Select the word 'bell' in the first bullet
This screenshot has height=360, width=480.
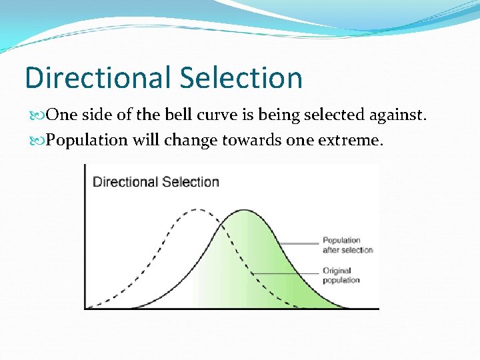184,115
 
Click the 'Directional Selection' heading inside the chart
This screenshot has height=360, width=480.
155,182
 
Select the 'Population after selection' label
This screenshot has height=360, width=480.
347,245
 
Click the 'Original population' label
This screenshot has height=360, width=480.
341,275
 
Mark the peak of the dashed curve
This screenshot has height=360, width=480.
195,210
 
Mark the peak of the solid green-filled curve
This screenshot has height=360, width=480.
244,211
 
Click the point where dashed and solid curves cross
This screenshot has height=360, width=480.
219,222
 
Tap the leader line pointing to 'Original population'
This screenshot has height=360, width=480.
287,274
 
